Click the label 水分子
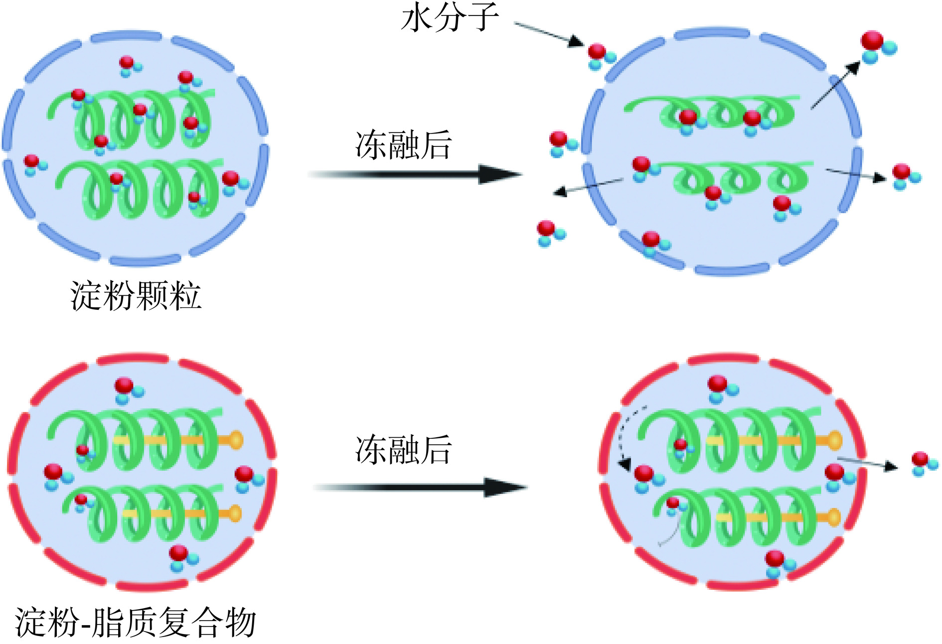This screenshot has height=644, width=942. click(450, 18)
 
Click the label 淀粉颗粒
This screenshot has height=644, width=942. click(136, 296)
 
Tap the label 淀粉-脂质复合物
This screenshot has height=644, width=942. click(136, 623)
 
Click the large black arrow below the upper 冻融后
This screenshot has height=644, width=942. click(414, 174)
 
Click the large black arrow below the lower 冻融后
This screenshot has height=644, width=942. click(419, 488)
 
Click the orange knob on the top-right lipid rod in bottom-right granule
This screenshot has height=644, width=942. click(834, 441)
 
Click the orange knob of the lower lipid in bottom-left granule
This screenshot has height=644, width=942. click(234, 513)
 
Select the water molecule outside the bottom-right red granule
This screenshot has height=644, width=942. click(923, 463)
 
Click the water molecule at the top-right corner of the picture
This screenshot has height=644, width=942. click(877, 46)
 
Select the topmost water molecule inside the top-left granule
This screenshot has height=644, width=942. click(128, 65)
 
